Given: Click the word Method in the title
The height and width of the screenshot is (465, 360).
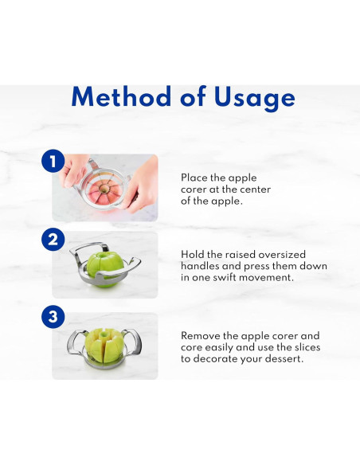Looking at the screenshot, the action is click(x=121, y=96).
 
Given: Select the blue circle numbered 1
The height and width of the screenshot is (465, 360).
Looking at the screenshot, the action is click(x=53, y=161).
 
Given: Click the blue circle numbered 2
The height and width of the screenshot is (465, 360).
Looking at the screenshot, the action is click(x=53, y=239).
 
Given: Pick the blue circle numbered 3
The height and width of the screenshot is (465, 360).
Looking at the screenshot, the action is click(x=53, y=316).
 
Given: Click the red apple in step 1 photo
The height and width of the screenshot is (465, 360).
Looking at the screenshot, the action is click(x=104, y=192).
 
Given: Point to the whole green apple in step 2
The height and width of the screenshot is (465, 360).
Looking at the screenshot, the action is click(x=105, y=269).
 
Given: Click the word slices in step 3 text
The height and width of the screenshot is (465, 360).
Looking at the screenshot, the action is click(x=307, y=347).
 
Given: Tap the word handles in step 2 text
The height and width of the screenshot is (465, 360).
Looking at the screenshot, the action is click(x=200, y=266).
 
